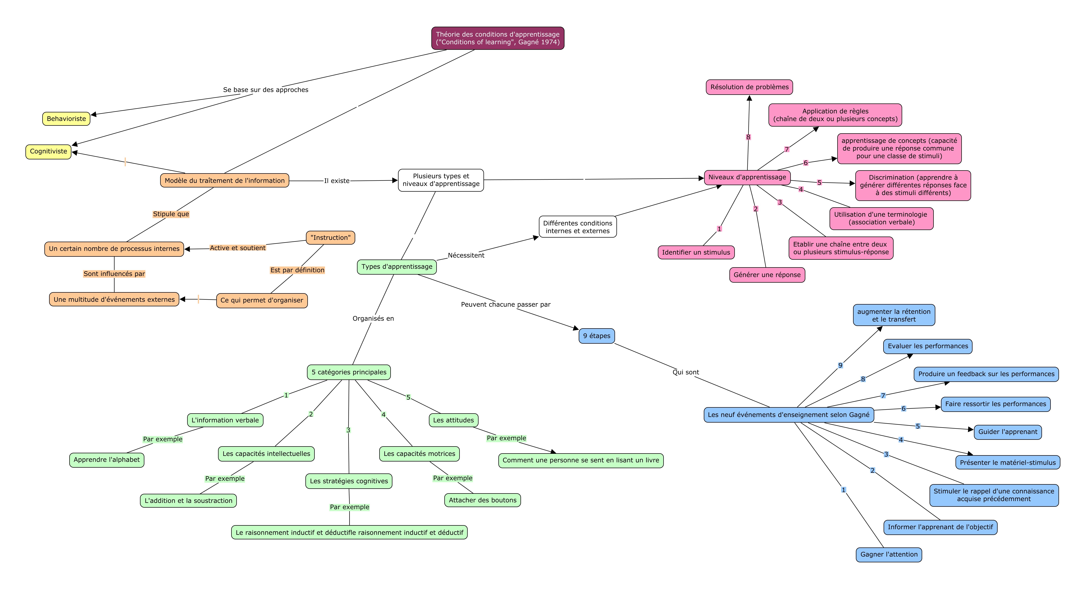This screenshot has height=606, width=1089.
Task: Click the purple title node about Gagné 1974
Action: pyautogui.click(x=497, y=38)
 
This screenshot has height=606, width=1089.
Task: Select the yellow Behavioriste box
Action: pyautogui.click(x=66, y=119)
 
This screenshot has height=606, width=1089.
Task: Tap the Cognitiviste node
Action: pyautogui.click(x=49, y=151)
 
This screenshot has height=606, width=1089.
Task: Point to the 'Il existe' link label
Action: pyautogui.click(x=337, y=181)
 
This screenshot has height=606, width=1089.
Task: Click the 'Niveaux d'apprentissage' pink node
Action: pyautogui.click(x=747, y=177)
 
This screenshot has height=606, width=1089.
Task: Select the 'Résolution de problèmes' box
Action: pyautogui.click(x=750, y=87)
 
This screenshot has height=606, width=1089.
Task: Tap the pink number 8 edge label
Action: pyautogui.click(x=748, y=137)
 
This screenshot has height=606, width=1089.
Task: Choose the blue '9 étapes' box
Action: pyautogui.click(x=597, y=336)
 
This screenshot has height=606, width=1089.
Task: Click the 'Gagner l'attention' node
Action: pyautogui.click(x=889, y=554)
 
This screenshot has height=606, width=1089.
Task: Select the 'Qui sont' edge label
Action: pyautogui.click(x=686, y=372)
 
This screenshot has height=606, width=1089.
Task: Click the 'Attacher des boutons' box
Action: pyautogui.click(x=483, y=500)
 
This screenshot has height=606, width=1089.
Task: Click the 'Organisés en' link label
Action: pyautogui.click(x=373, y=319)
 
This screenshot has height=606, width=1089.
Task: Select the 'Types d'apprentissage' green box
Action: pyautogui.click(x=397, y=267)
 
